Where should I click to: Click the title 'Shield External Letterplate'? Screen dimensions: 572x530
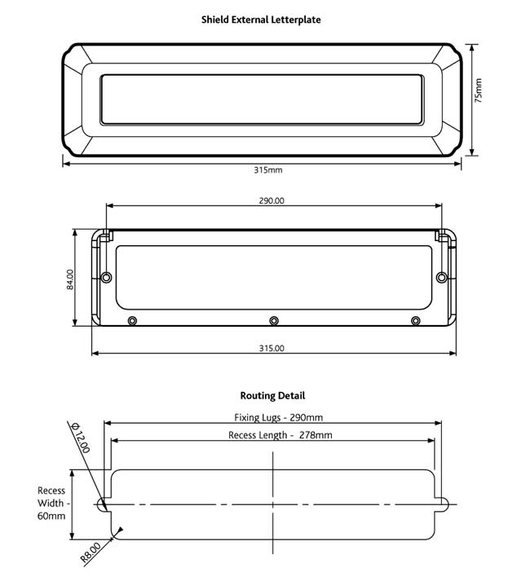click(261, 19)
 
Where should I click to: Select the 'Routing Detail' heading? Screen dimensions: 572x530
click(272, 395)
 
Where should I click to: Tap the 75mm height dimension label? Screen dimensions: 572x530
click(479, 90)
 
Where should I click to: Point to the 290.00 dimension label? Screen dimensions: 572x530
click(272, 200)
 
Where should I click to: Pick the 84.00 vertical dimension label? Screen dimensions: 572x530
click(70, 279)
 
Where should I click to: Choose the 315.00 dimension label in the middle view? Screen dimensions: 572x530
click(272, 348)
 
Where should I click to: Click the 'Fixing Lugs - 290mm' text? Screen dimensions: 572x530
click(273, 417)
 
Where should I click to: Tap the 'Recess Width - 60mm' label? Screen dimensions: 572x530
click(51, 504)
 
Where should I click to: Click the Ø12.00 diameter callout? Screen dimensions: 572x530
click(80, 438)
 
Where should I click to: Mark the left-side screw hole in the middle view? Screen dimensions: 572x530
click(106, 278)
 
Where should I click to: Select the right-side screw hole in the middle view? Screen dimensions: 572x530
click(442, 278)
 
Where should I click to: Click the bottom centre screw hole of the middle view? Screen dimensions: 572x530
click(274, 319)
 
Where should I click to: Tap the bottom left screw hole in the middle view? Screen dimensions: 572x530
click(133, 319)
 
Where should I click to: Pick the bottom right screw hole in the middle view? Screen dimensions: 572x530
click(415, 319)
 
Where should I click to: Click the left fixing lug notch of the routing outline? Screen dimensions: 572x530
click(104, 504)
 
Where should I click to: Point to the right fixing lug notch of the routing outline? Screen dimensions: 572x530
click(444, 504)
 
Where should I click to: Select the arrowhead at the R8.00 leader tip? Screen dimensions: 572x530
click(120, 532)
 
